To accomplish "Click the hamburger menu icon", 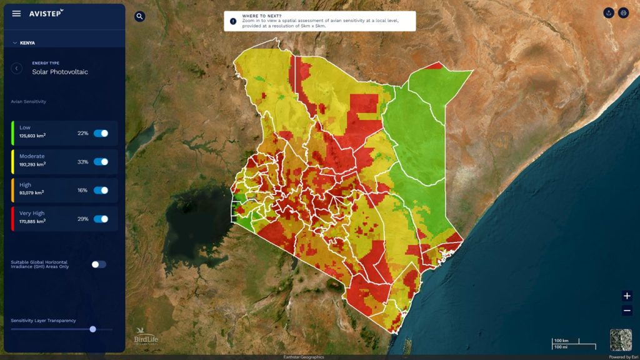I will (x=16, y=14).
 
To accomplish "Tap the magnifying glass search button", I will (x=140, y=16).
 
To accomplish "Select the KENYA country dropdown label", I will (x=27, y=43).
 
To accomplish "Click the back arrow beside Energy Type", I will (x=17, y=68).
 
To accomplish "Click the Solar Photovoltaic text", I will (x=60, y=72).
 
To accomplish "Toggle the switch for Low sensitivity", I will (x=101, y=133).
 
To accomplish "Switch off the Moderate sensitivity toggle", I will (x=101, y=162).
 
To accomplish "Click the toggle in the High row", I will (x=101, y=190).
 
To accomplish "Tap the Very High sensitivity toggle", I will (x=101, y=219).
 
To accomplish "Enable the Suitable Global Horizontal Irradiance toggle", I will (x=99, y=264).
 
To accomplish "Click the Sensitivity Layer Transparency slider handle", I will (x=92, y=329).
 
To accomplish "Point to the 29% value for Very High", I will (x=82, y=219).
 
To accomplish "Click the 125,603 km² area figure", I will (x=32, y=136).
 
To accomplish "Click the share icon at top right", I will (x=609, y=13).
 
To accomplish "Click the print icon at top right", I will (x=623, y=13).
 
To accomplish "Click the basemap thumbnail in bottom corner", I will (x=621, y=340).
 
